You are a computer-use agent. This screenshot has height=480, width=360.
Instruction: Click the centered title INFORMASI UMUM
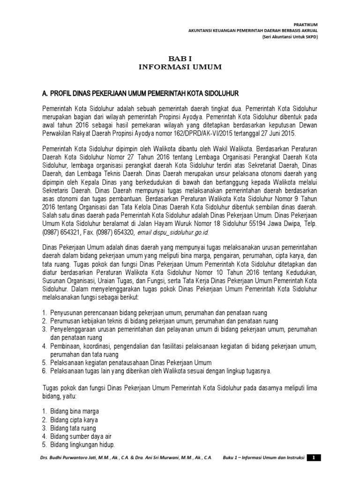pos(180,67)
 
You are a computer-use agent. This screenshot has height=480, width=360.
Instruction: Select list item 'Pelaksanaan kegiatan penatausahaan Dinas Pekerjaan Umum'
pos(131,362)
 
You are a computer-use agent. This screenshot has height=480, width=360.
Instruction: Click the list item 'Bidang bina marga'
pos(77,411)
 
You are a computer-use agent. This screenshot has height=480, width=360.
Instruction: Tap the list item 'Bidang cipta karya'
pos(77,420)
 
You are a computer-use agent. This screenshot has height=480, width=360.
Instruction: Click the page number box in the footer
pos(315,457)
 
